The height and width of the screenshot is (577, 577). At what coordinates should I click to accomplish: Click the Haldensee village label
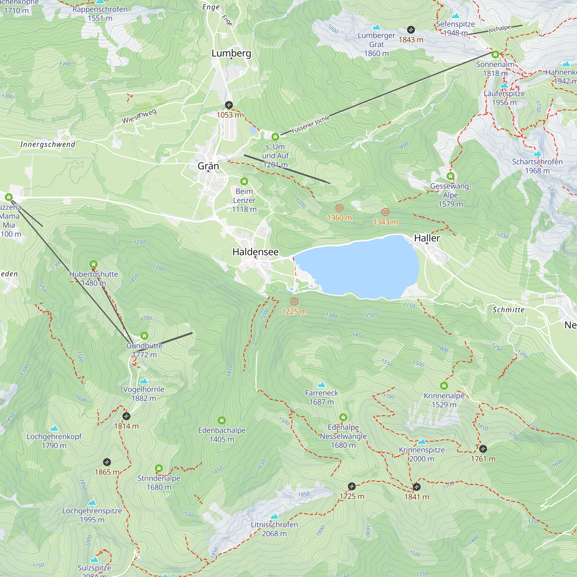tap(255, 252)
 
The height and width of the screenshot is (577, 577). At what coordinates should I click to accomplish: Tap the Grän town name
tap(208, 166)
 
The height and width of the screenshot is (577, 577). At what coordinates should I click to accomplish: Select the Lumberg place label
tap(231, 53)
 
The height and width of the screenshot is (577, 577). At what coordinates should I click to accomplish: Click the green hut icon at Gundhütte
tap(144, 336)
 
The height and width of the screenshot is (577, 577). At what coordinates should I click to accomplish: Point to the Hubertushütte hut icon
tap(93, 264)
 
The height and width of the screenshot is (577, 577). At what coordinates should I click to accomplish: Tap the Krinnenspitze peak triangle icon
tap(422, 441)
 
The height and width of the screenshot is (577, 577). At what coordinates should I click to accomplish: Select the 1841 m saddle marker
tap(417, 487)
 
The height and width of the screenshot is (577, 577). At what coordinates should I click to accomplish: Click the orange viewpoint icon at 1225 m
tap(294, 302)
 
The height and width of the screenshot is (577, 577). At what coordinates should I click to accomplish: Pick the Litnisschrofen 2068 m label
tap(274, 529)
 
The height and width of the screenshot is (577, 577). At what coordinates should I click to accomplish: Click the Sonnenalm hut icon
tap(495, 54)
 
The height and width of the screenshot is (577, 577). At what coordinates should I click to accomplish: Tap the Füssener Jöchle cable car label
tap(311, 124)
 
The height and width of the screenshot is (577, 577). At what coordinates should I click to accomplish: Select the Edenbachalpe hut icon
tap(222, 421)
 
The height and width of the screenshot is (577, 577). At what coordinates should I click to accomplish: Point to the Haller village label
tap(427, 238)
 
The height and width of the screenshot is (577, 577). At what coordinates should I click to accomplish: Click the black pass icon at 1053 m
tap(229, 105)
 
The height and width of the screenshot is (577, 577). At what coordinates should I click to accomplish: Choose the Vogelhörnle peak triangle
tap(144, 381)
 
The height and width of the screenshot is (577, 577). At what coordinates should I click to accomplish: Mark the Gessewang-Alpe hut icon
tap(450, 176)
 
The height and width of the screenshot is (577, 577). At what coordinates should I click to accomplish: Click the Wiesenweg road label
tap(139, 116)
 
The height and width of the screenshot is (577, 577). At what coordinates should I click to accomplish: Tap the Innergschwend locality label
tap(48, 145)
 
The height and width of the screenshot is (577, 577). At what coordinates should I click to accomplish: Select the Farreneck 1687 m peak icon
tap(321, 384)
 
